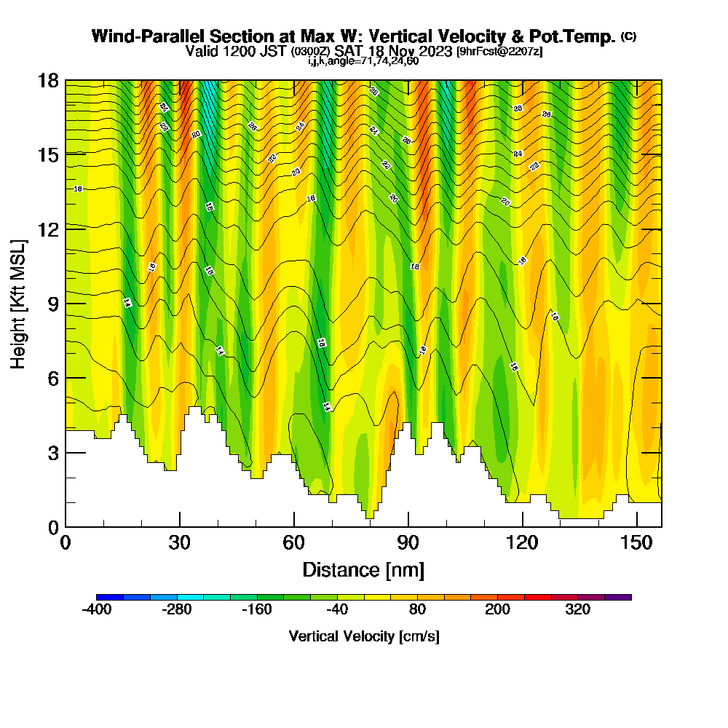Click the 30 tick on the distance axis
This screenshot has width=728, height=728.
pyautogui.click(x=180, y=542)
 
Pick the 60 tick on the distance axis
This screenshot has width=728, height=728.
pyautogui.click(x=293, y=542)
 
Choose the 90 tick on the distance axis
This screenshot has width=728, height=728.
pyautogui.click(x=408, y=542)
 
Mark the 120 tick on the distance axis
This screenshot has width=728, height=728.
pyautogui.click(x=523, y=542)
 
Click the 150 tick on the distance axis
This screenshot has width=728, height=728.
pyautogui.click(x=637, y=542)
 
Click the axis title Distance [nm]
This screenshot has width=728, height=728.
pyautogui.click(x=363, y=569)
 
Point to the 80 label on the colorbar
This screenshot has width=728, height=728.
pyautogui.click(x=417, y=610)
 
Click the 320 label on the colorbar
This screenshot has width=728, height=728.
pyautogui.click(x=578, y=610)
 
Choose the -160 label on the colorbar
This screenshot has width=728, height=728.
pyautogui.click(x=257, y=610)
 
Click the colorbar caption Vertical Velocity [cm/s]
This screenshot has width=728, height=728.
pyautogui.click(x=363, y=636)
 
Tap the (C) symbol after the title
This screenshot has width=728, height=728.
pyautogui.click(x=628, y=36)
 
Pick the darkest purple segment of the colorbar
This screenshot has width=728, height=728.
pyautogui.click(x=618, y=597)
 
